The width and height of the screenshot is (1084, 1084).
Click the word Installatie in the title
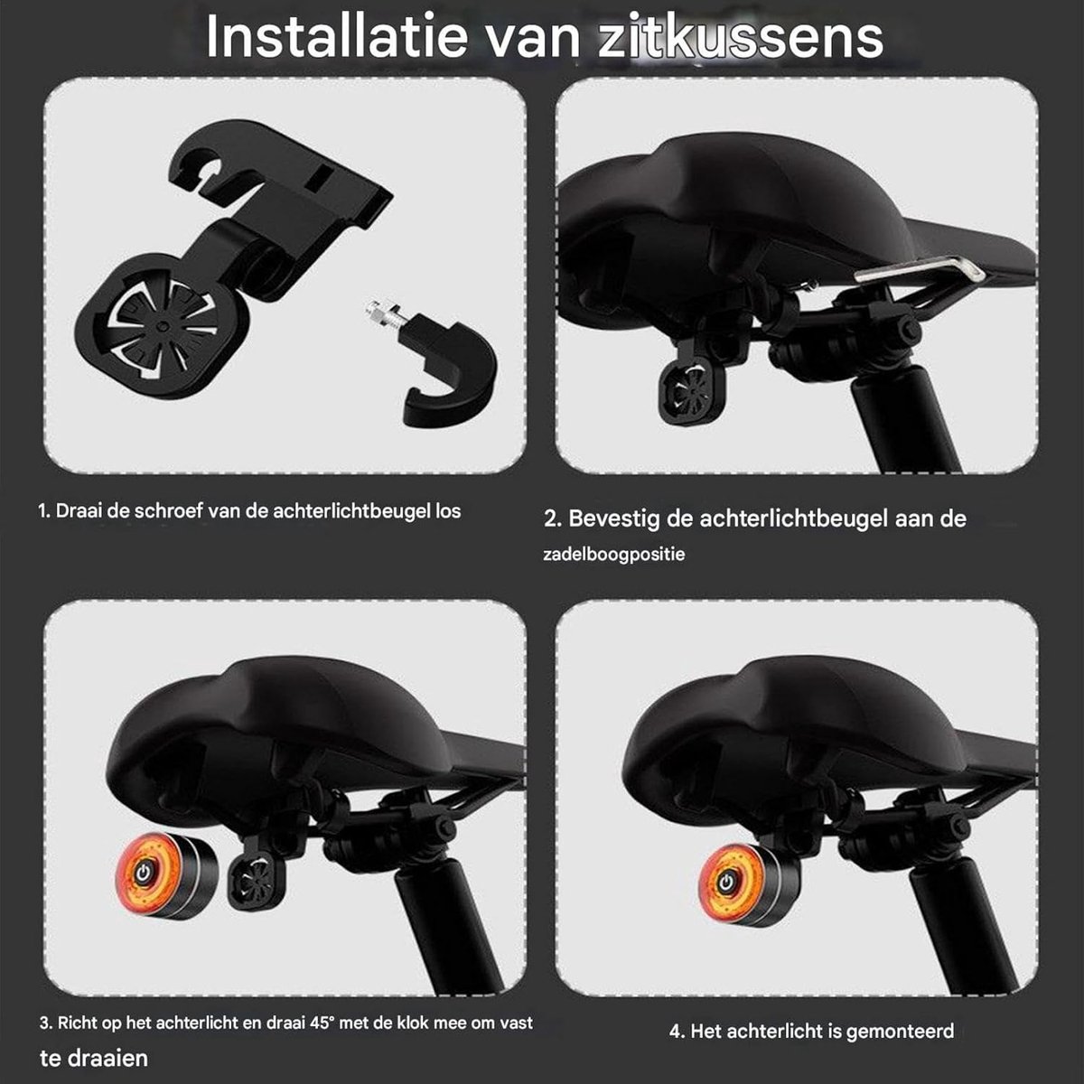point(337,37)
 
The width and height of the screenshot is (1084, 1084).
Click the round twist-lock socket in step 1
point(162,326)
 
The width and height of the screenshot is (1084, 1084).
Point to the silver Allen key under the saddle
point(919,270)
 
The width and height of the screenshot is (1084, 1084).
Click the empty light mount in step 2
point(694,389)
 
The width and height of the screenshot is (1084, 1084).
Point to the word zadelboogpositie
point(613,556)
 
